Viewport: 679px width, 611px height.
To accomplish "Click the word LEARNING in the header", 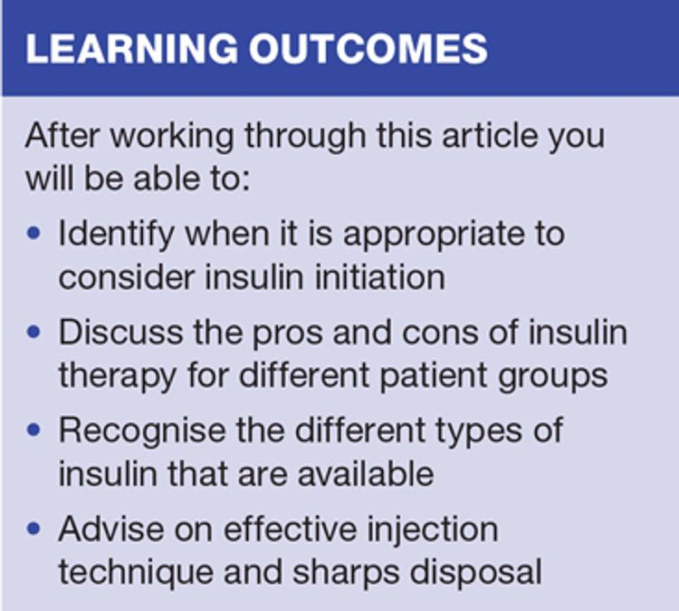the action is point(131,48).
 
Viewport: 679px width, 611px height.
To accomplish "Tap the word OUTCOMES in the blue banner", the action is point(368,48).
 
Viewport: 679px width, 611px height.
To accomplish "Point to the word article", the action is point(490,136).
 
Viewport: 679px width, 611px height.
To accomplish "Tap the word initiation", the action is point(379,276).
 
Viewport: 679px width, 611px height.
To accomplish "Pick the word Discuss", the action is point(120,332).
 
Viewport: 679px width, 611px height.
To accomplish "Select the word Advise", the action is point(111,529).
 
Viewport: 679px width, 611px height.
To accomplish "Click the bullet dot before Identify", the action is point(33,234).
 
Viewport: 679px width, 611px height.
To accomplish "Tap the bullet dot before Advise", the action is point(33,529).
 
